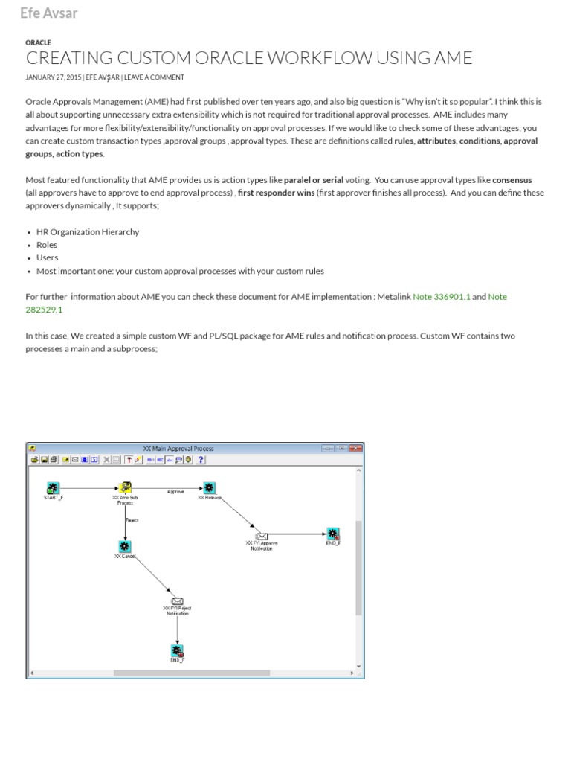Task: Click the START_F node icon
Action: (x=53, y=487)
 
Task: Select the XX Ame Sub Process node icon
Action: (x=126, y=487)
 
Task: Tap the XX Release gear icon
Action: (x=210, y=487)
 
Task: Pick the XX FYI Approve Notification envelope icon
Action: (x=262, y=535)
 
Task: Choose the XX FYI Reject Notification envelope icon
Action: (x=177, y=601)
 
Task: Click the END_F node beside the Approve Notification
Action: (x=332, y=534)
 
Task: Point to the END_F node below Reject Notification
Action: (x=177, y=651)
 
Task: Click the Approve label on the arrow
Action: (x=175, y=492)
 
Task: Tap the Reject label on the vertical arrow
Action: (x=132, y=520)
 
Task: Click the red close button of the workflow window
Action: (x=356, y=449)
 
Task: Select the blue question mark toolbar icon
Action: (x=201, y=460)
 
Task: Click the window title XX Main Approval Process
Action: (x=178, y=449)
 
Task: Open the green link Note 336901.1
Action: (x=441, y=296)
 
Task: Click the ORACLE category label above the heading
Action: (x=38, y=42)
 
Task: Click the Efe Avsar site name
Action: (x=48, y=13)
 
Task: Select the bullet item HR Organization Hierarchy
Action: (x=87, y=231)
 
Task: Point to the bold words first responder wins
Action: (x=277, y=193)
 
